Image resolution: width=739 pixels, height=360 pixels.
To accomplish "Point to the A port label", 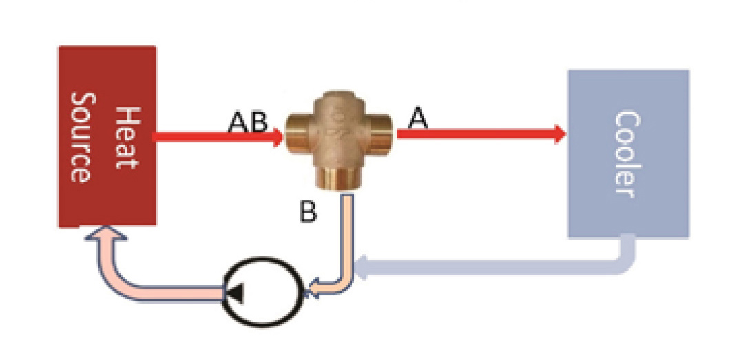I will pos(418,119).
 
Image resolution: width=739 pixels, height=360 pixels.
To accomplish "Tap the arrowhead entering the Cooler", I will pos(559,134).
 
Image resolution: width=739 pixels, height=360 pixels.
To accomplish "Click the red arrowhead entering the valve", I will pos(278,136).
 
